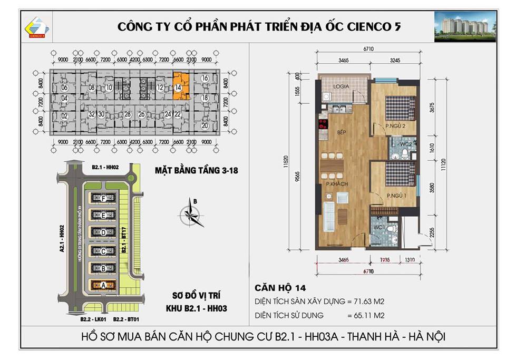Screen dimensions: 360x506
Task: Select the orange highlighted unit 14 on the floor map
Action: [x=179, y=86]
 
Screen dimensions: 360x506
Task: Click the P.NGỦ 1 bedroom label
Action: [x=395, y=196]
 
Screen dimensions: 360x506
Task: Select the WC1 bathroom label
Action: [x=378, y=227]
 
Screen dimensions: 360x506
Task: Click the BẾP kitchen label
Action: [x=341, y=133]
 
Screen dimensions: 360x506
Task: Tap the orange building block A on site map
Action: [x=103, y=285]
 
